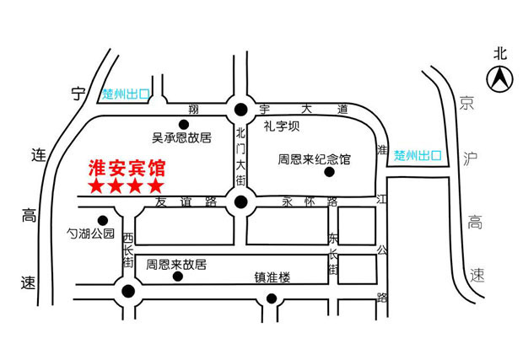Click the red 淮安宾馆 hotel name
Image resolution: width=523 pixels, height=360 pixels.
click(127, 169)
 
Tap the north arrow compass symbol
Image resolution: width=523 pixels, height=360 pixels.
click(499, 79)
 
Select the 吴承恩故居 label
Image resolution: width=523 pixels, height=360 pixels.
click(181, 137)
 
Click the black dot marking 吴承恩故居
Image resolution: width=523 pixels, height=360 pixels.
click(184, 125)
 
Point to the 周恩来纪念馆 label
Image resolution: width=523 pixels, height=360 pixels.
click(314, 159)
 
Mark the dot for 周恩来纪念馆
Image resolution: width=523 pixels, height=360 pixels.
click(330, 172)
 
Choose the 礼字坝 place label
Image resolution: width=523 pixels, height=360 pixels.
click(282, 126)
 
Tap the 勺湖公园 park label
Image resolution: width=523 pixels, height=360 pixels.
click(90, 234)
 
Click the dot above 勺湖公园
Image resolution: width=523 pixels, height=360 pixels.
click(103, 220)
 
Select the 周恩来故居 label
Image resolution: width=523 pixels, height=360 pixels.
click(176, 265)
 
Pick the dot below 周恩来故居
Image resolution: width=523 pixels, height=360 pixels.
click(178, 277)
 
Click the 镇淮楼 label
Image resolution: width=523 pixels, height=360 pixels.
click(272, 277)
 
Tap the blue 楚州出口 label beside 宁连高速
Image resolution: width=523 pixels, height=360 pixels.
click(126, 94)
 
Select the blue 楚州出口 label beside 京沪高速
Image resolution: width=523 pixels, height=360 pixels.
click(418, 155)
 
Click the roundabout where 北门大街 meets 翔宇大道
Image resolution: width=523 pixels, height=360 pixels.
click(240, 110)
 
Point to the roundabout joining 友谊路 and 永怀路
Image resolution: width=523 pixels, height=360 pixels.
click(240, 202)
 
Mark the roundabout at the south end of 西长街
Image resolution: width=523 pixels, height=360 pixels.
click(128, 292)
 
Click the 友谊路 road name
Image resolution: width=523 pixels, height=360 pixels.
click(186, 201)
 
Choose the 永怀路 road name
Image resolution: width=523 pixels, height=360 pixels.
click(310, 201)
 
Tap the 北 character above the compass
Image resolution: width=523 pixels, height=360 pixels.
click(500, 54)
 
